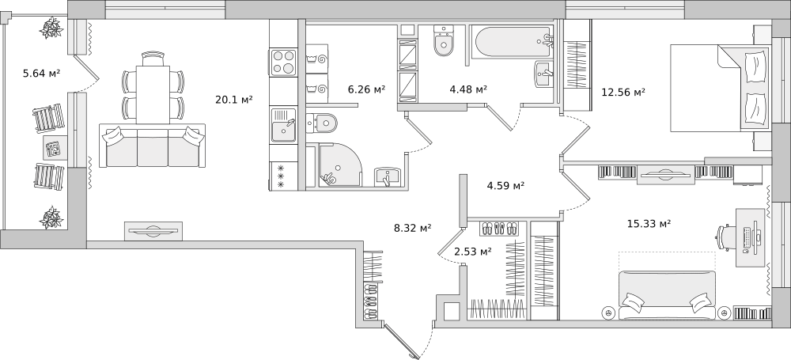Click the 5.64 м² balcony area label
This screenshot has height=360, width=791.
tap(41, 74)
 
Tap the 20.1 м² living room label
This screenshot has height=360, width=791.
tap(233, 100)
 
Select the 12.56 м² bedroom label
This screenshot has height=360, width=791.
tap(623, 92)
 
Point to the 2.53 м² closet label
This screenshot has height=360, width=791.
tap(473, 251)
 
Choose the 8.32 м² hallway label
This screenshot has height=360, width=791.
tap(412, 228)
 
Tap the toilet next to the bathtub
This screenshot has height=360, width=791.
tap(444, 40)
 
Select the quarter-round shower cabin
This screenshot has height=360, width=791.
tap(340, 165)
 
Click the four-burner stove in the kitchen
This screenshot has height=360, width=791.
tap(283, 63)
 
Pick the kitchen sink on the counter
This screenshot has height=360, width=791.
tap(284, 125)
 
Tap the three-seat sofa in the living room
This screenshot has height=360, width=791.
tap(153, 146)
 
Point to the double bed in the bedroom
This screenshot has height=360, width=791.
tap(720, 88)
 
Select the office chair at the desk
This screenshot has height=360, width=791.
tap(726, 237)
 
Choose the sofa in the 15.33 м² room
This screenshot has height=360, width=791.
tap(667, 295)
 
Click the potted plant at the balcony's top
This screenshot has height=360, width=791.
tap(52, 28)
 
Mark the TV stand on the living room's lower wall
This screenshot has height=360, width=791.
tap(153, 231)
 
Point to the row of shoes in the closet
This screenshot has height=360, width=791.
tap(498, 228)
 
